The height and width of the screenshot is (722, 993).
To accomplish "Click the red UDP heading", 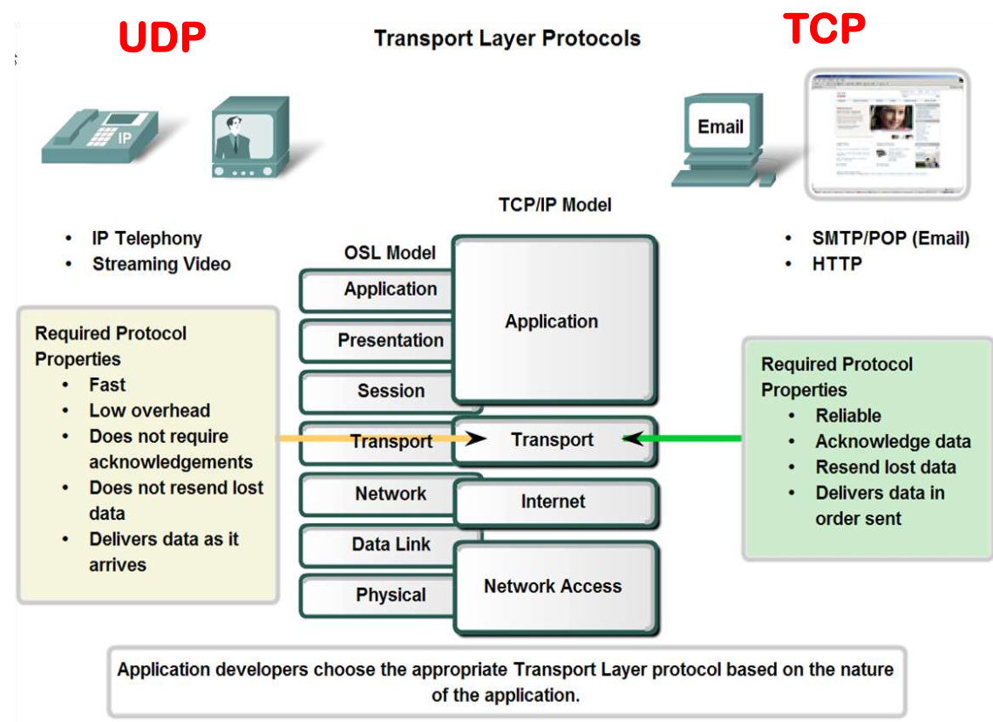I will (161, 37).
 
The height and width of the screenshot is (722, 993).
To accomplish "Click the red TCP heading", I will (823, 28).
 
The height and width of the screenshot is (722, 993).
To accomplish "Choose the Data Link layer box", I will (389, 545).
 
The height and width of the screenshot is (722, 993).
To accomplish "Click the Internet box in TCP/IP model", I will (554, 501).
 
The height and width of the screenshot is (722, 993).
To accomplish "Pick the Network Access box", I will (554, 587).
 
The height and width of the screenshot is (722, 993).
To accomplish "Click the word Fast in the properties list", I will (107, 385).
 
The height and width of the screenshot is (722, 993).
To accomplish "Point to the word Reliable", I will (847, 416).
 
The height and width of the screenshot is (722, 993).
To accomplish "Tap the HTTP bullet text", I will (837, 262).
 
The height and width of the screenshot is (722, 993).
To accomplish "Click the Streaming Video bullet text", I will (161, 263).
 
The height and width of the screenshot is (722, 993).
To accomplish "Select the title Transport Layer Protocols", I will (507, 38).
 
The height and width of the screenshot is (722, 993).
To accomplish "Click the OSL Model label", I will (390, 253).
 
